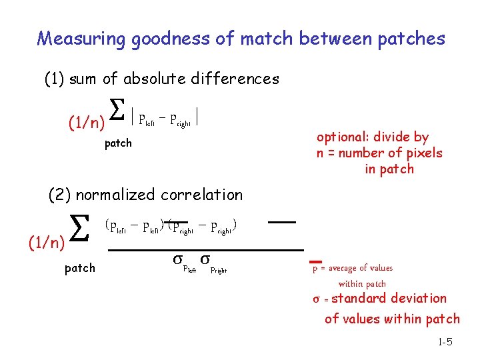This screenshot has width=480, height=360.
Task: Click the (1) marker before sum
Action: (53, 79)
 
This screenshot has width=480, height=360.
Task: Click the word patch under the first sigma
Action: (118, 143)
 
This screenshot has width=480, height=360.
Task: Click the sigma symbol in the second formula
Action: (79, 231)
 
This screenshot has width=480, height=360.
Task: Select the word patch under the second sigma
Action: (79, 268)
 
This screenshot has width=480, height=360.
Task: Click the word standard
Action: (361, 298)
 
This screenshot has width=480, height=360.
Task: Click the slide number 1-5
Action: (445, 342)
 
